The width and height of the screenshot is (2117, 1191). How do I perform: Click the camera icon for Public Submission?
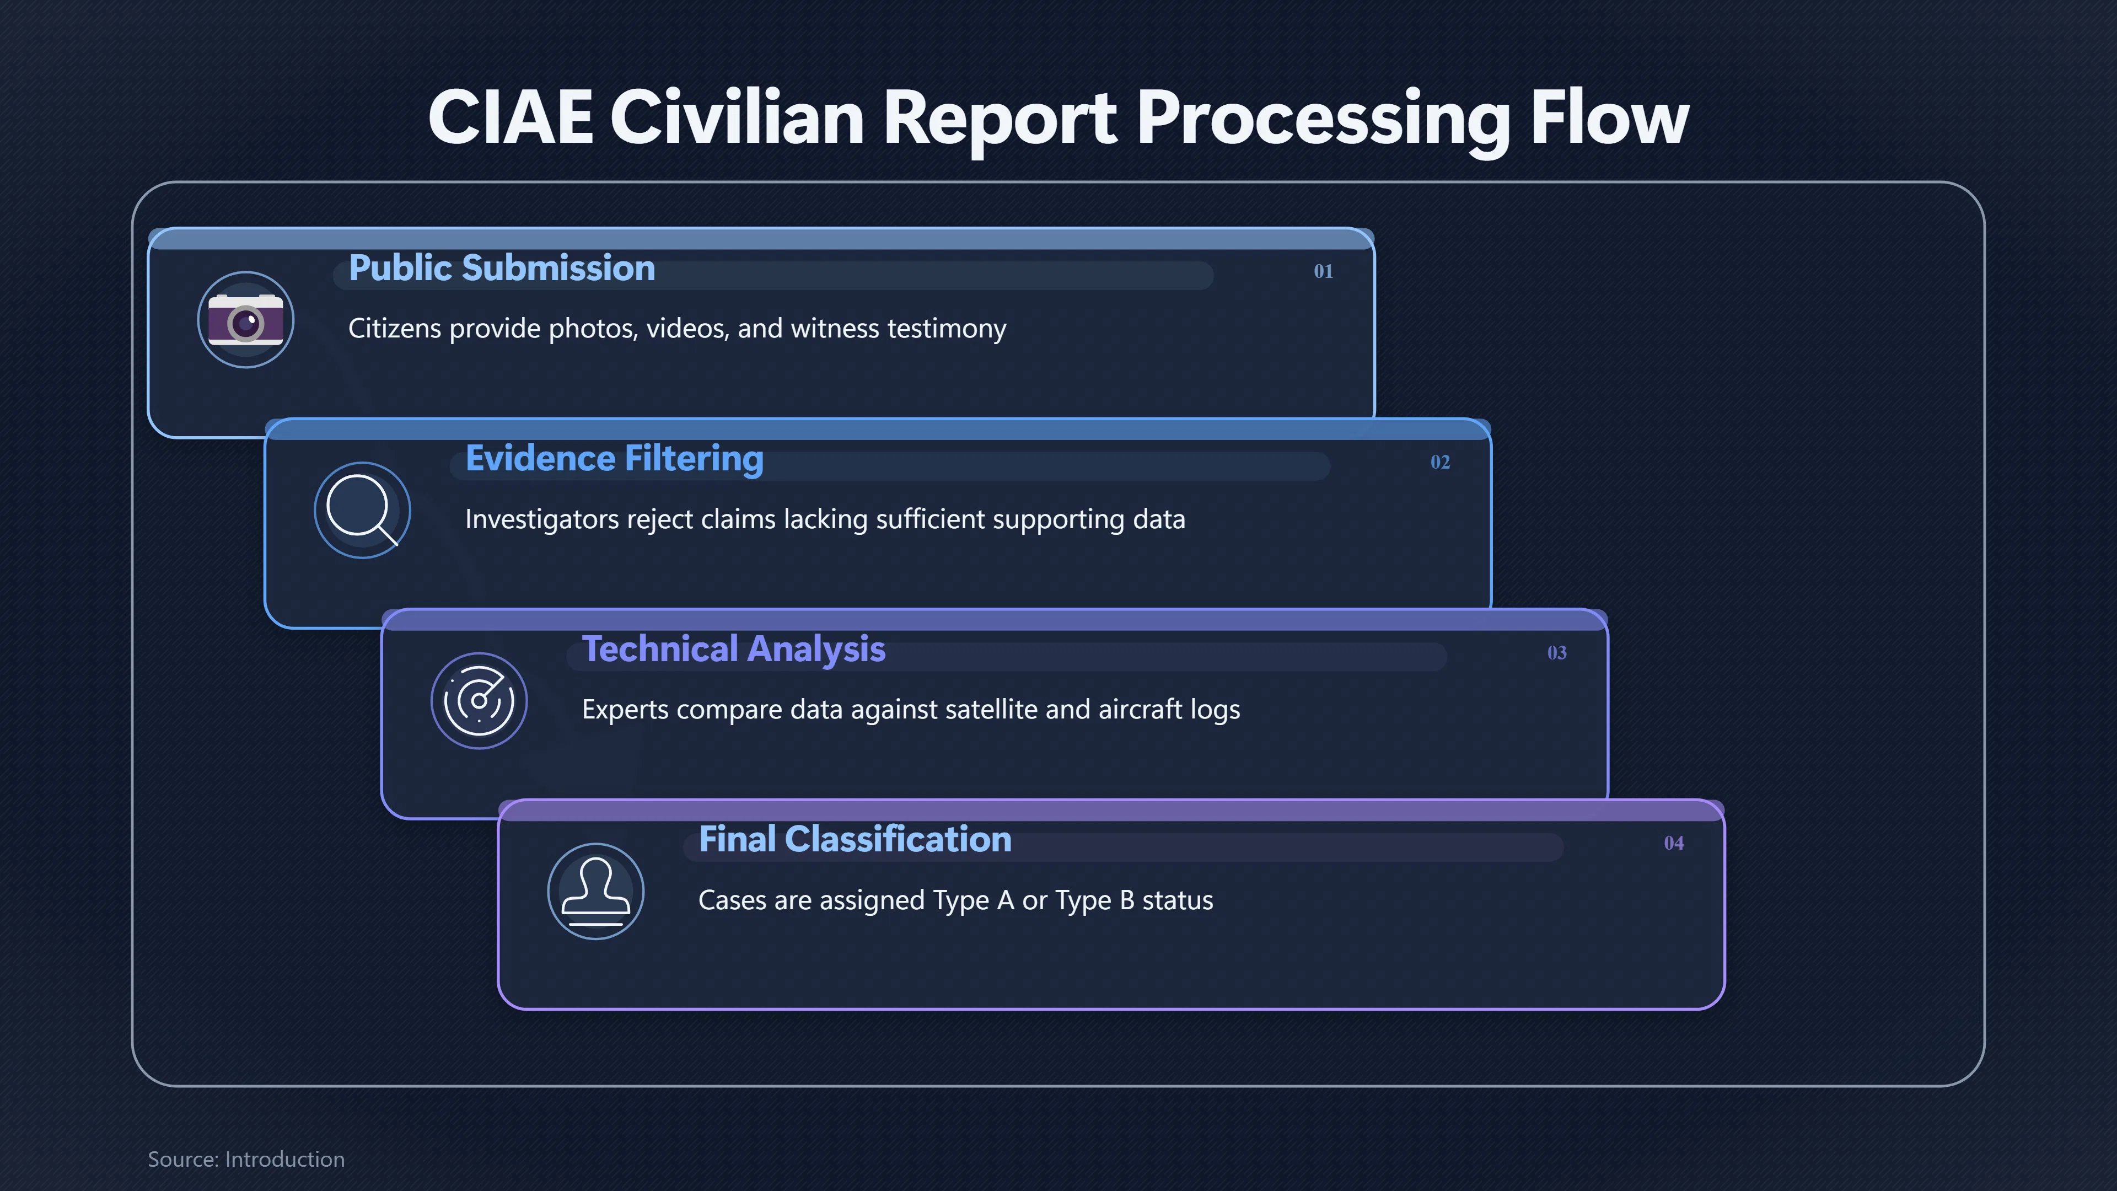tap(246, 320)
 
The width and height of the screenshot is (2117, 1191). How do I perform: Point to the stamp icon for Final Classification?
tap(596, 892)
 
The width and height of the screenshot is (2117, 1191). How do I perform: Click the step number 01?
tap(1323, 271)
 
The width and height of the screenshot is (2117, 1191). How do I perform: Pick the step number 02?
tap(1440, 462)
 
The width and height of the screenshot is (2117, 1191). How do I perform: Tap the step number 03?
tap(1556, 653)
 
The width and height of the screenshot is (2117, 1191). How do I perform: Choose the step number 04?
tap(1673, 843)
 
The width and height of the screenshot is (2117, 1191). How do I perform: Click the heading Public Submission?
tap(501, 268)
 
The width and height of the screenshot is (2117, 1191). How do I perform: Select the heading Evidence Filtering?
tap(614, 459)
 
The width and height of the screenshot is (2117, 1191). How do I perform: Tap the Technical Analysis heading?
tap(733, 650)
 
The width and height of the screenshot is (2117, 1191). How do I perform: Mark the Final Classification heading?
tap(855, 839)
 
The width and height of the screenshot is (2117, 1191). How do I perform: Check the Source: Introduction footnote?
tap(246, 1159)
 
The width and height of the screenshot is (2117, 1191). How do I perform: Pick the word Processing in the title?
tap(1324, 119)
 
